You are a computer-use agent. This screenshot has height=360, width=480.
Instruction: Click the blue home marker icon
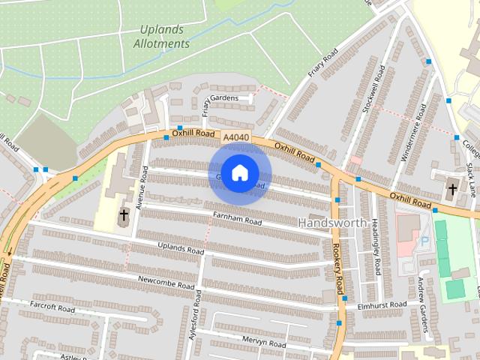239,173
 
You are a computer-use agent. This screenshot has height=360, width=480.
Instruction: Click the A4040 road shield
235,136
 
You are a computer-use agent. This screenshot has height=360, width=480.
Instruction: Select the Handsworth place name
332,222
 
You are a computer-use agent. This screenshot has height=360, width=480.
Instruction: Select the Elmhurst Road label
382,304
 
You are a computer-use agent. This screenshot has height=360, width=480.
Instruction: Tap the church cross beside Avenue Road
124,216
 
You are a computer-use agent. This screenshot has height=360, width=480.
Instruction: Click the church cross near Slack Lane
452,189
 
